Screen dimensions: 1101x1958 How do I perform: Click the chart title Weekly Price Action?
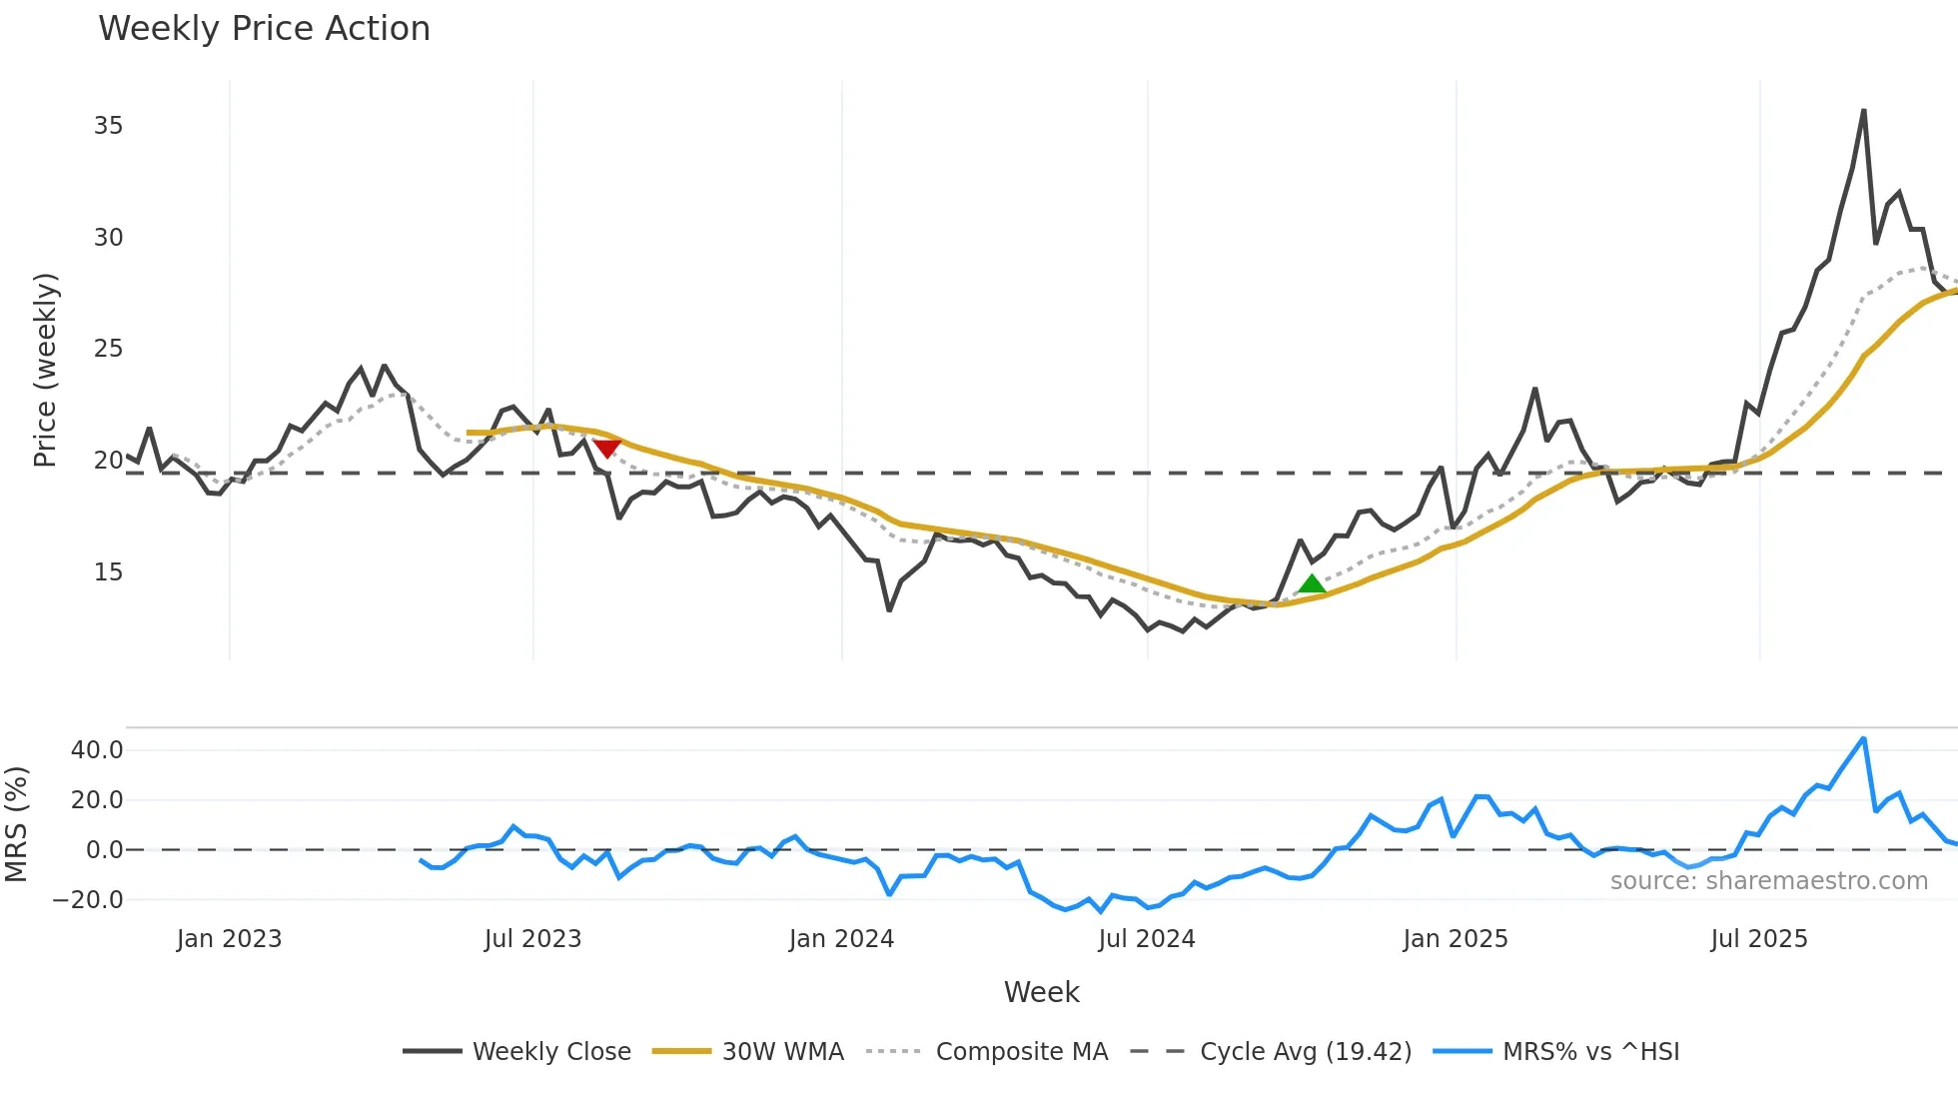click(264, 29)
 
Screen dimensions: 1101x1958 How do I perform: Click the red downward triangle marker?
click(606, 448)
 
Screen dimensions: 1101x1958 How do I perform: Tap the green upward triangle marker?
click(1312, 583)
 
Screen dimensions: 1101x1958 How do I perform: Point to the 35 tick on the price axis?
click(109, 126)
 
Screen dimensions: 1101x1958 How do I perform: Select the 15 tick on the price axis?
click(109, 572)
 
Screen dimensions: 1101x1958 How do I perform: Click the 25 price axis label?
click(109, 349)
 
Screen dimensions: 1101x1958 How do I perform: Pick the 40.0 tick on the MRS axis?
click(97, 750)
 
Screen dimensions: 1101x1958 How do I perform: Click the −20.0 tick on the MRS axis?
click(88, 900)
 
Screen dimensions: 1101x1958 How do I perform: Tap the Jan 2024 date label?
click(841, 939)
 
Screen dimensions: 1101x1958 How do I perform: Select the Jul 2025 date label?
click(1759, 939)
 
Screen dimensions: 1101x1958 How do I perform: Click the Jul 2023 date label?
click(532, 939)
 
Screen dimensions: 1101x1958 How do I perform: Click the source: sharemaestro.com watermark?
click(1768, 881)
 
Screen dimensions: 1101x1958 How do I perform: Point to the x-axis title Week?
click(1041, 992)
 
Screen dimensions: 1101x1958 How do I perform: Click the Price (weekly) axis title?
click(45, 370)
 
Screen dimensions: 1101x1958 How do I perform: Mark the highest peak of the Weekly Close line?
click(1864, 111)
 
